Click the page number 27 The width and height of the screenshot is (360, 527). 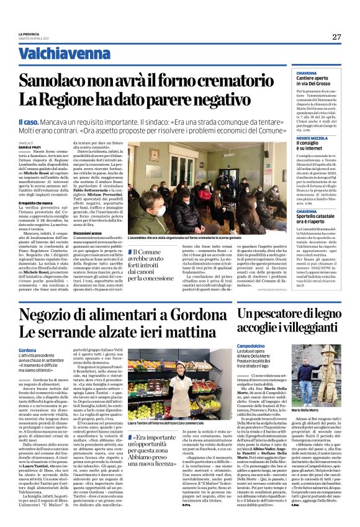(336, 37)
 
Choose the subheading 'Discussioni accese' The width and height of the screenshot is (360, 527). (109, 233)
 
